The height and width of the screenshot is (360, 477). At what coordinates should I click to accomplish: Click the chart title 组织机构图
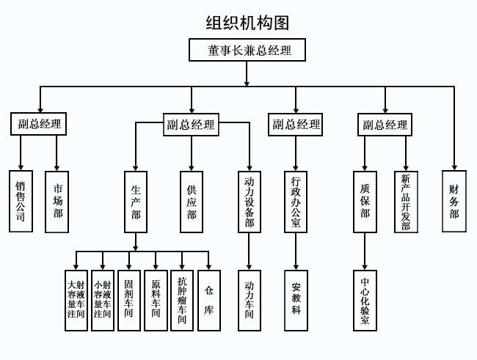point(248,23)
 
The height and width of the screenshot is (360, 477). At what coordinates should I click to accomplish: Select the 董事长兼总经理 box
point(247,51)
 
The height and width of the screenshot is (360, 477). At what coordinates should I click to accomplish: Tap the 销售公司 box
point(21,202)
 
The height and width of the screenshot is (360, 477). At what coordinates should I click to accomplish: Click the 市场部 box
point(57,202)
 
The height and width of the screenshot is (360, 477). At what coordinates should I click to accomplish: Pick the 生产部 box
point(135,202)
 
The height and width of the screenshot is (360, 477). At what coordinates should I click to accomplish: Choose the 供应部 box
point(192,202)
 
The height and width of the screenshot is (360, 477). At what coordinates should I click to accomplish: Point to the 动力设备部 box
point(249,202)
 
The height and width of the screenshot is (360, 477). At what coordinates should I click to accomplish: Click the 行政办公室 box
point(296,202)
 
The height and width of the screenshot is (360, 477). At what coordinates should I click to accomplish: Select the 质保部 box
point(365,202)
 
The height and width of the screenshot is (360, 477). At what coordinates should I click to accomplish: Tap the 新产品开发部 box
point(406,202)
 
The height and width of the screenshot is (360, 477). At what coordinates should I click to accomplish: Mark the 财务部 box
point(454,202)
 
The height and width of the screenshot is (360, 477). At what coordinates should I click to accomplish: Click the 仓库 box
point(209,301)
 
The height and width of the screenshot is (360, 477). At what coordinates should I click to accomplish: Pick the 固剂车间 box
point(129,301)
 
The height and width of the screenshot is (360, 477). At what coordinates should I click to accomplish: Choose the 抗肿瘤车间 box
point(182,301)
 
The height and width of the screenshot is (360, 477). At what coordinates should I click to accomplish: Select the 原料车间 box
point(156,301)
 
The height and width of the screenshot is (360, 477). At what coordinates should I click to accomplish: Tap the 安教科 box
point(296,301)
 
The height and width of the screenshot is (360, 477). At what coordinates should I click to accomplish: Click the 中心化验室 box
point(365,301)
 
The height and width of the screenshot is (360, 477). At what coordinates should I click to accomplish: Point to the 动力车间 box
point(249,301)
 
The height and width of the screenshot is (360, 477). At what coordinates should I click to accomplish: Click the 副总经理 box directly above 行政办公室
point(296,125)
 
